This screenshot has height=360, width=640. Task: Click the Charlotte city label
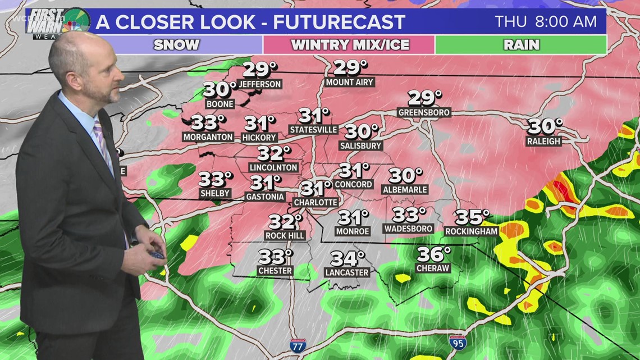(316, 202)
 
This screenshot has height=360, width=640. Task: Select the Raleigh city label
(543, 142)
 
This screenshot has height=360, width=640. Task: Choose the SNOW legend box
(176, 45)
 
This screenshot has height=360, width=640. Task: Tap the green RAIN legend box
(521, 45)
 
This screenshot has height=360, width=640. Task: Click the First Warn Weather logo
(58, 21)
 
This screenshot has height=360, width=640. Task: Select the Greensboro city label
(424, 112)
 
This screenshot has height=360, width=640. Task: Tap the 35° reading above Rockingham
(472, 217)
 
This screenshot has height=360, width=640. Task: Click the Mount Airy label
(349, 83)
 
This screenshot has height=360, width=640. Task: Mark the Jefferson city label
(259, 84)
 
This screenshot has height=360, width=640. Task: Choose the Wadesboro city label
(408, 229)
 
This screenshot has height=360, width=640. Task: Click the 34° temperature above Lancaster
(347, 258)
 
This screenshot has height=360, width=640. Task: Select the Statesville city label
(313, 130)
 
